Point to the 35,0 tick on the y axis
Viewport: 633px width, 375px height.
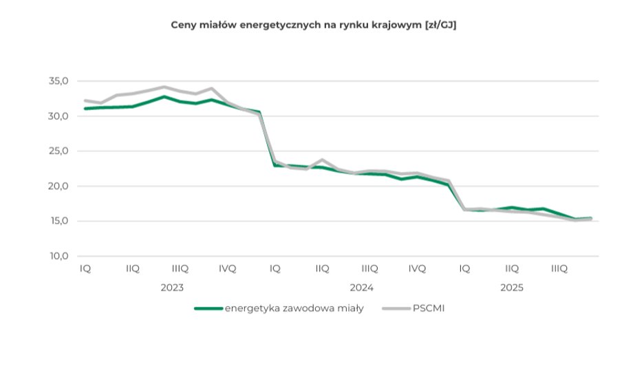[x=59, y=81]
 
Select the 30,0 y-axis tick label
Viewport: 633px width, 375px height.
[x=59, y=116]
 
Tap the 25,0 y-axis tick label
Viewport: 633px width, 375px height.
[x=59, y=151]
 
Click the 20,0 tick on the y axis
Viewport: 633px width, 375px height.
[x=59, y=186]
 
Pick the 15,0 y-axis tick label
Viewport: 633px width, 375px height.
[x=59, y=222]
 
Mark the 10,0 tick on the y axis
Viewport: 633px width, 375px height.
[x=59, y=257]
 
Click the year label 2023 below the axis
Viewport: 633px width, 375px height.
[x=172, y=288]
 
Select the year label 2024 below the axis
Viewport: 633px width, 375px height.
[x=362, y=288]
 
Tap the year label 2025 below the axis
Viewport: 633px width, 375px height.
[x=512, y=288]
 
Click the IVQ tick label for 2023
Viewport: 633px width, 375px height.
[x=227, y=269]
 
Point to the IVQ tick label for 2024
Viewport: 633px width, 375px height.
[x=417, y=269]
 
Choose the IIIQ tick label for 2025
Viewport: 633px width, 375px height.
[x=559, y=269]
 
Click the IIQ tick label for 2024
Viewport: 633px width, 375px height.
[x=322, y=269]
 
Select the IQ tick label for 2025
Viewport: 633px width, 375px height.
[x=464, y=269]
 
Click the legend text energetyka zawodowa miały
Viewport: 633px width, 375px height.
[x=294, y=308]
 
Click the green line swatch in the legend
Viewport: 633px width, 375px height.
[x=208, y=308]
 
